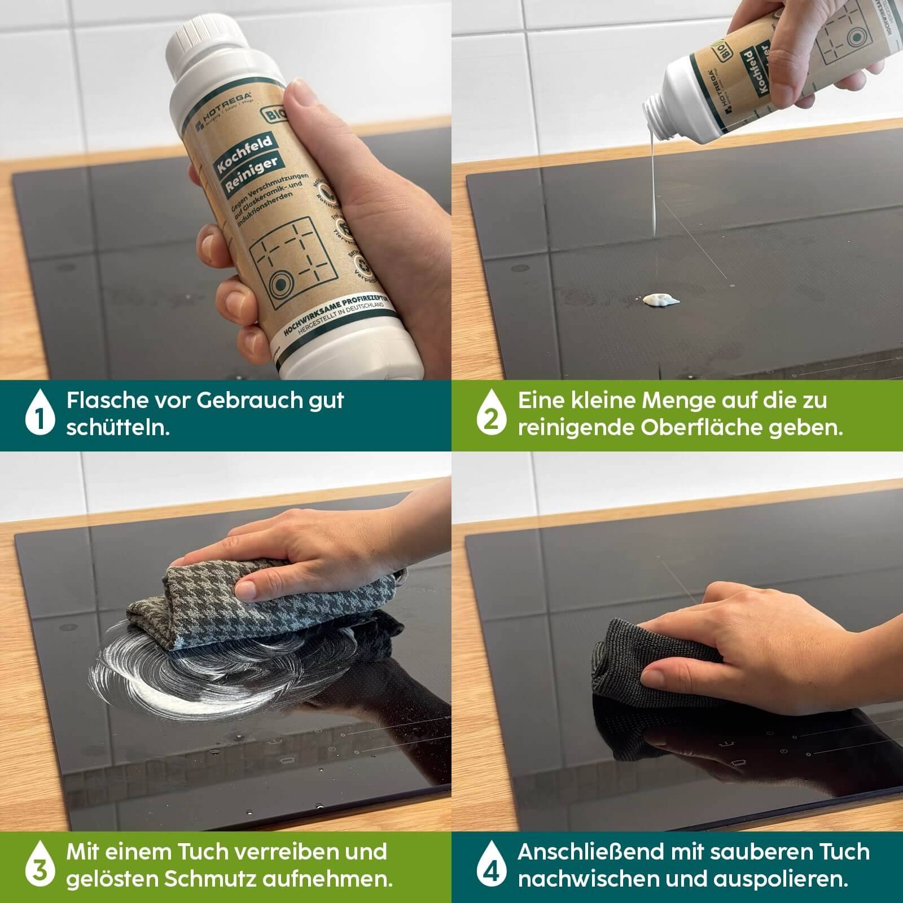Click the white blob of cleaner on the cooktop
pyautogui.click(x=657, y=300)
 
